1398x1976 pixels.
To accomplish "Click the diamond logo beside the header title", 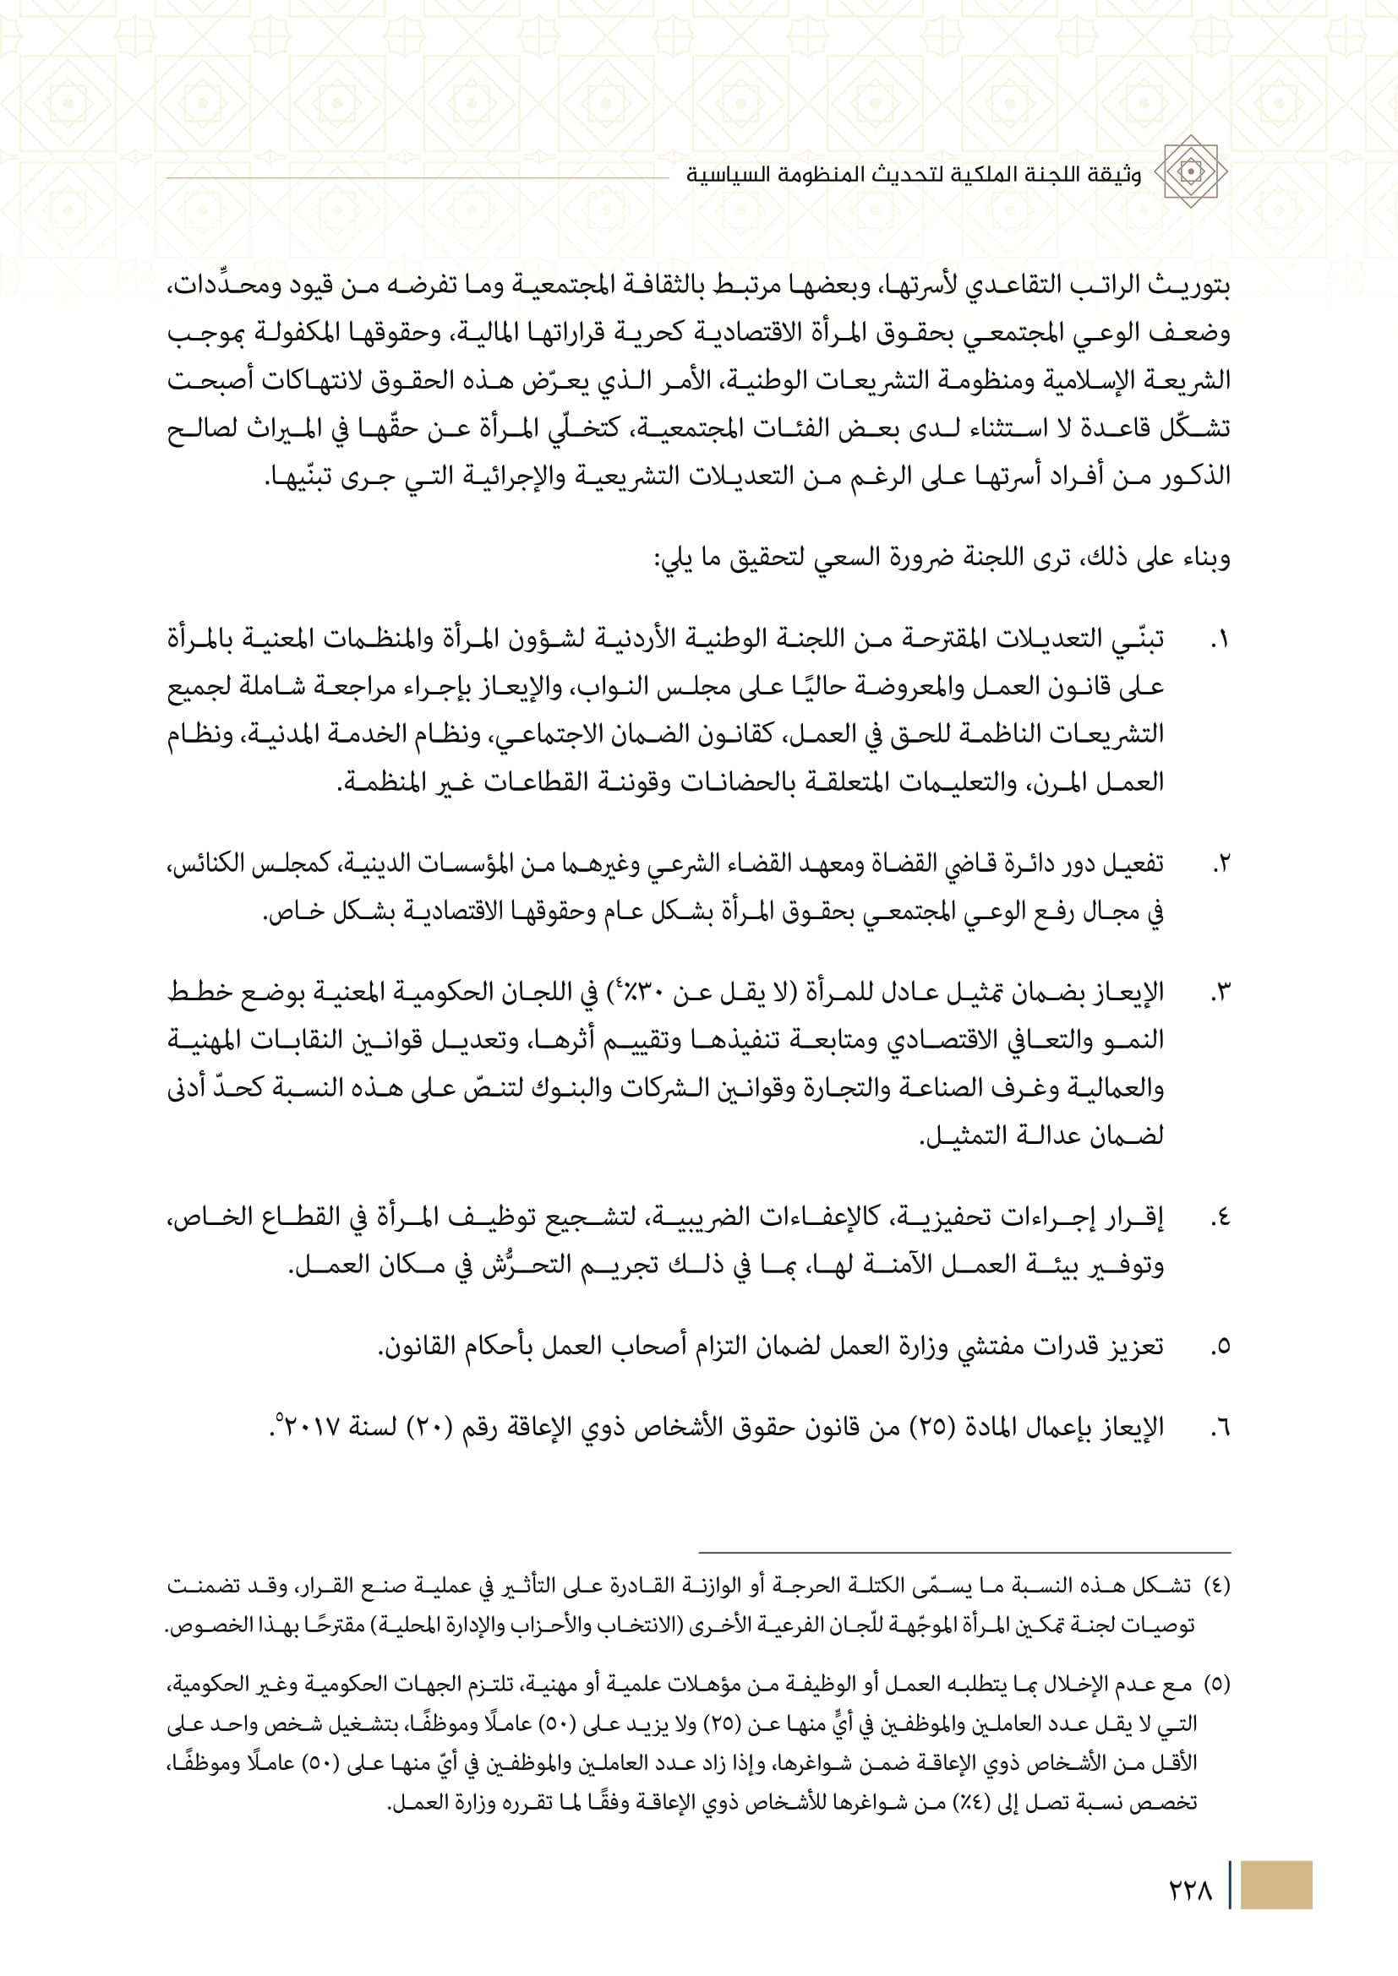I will click(x=1190, y=171).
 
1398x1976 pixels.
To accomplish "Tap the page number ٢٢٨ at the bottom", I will click(x=1191, y=1891).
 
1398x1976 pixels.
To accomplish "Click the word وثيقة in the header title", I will click(x=1117, y=175).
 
